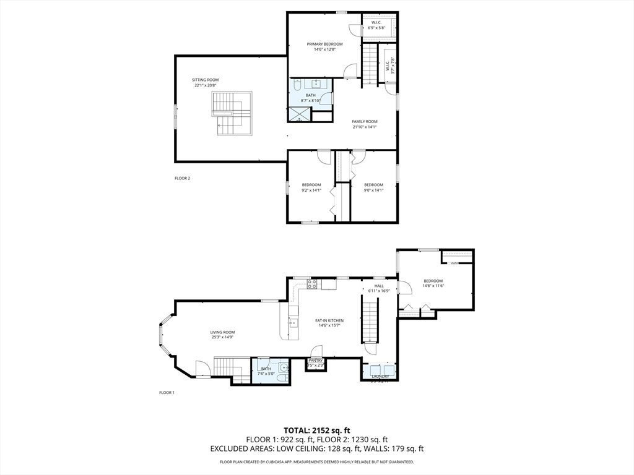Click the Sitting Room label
205,80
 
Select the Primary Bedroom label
324,45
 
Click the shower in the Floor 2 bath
300,114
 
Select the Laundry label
380,376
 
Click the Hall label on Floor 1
379,286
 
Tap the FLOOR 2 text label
182,178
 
